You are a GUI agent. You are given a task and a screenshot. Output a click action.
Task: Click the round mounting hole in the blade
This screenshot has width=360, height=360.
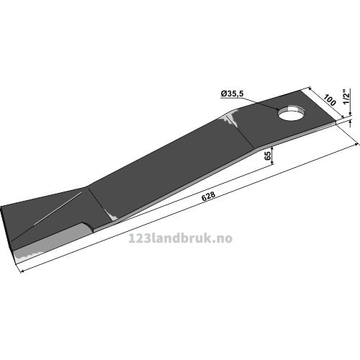[x=291, y=112]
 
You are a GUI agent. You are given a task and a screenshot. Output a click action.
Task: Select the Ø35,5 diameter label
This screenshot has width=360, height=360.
[x=232, y=94]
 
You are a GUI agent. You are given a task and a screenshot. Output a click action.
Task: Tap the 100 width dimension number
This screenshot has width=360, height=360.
[x=330, y=100]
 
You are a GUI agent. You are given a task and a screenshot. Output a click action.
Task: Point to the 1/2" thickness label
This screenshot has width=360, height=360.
[x=346, y=97]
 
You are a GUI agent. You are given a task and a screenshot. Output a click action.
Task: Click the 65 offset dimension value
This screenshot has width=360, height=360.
[x=268, y=156]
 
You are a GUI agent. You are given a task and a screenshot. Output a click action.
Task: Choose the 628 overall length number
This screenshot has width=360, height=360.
[x=208, y=197]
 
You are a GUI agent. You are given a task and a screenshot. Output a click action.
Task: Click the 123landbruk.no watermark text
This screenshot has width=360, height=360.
[x=181, y=238]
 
